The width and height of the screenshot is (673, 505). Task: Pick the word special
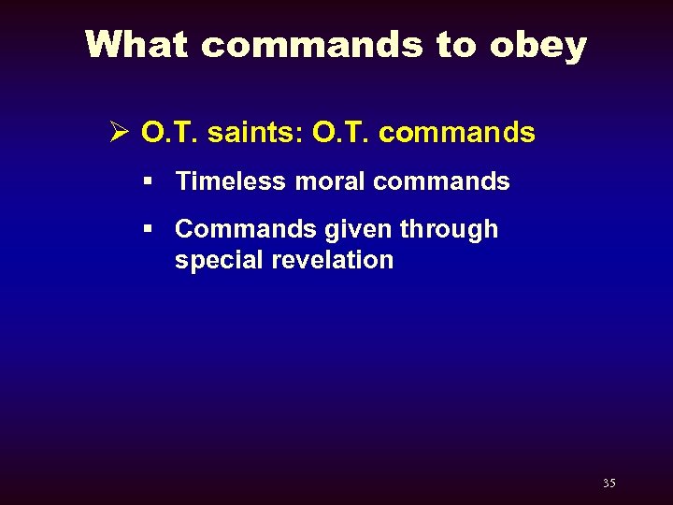pyautogui.click(x=220, y=261)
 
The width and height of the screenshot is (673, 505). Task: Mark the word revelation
pyautogui.click(x=333, y=260)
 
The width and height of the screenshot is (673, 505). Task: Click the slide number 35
pyautogui.click(x=609, y=483)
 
